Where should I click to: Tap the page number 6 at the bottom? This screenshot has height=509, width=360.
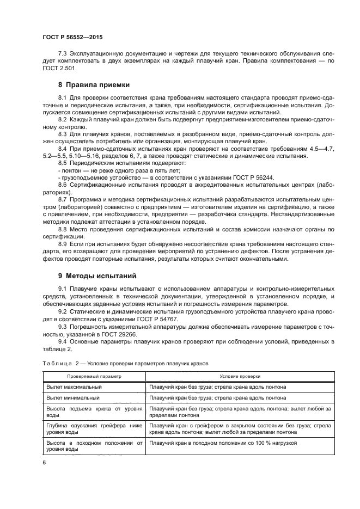[44, 463]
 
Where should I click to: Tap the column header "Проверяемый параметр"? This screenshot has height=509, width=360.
[94, 376]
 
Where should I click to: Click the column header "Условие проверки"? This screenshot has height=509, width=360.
[240, 376]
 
